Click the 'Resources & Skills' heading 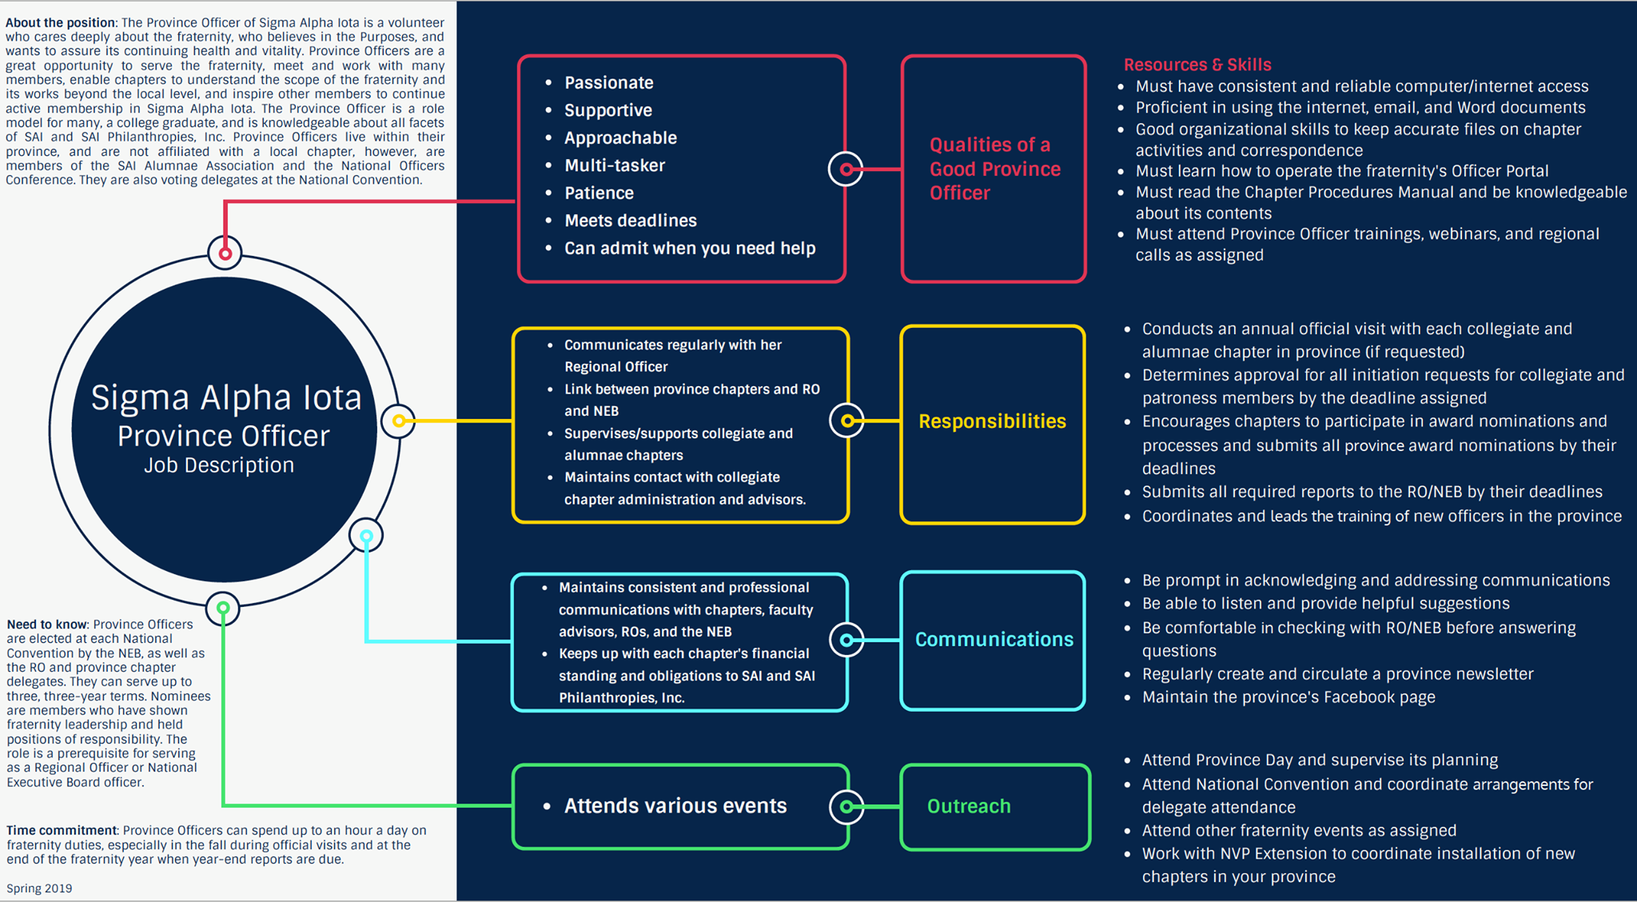(1197, 65)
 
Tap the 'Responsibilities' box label (992, 421)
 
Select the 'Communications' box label (994, 640)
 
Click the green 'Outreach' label (969, 806)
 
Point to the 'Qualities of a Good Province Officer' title (995, 169)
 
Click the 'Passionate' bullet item (609, 83)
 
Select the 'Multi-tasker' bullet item (615, 166)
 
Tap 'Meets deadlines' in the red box (631, 221)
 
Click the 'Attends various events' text (675, 806)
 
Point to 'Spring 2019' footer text (39, 888)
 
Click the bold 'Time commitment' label (62, 831)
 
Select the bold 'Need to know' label (47, 625)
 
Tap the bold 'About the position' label (61, 22)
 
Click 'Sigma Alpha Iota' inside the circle (226, 397)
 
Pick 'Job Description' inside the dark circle (219, 465)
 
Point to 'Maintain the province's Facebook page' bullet (1288, 697)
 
